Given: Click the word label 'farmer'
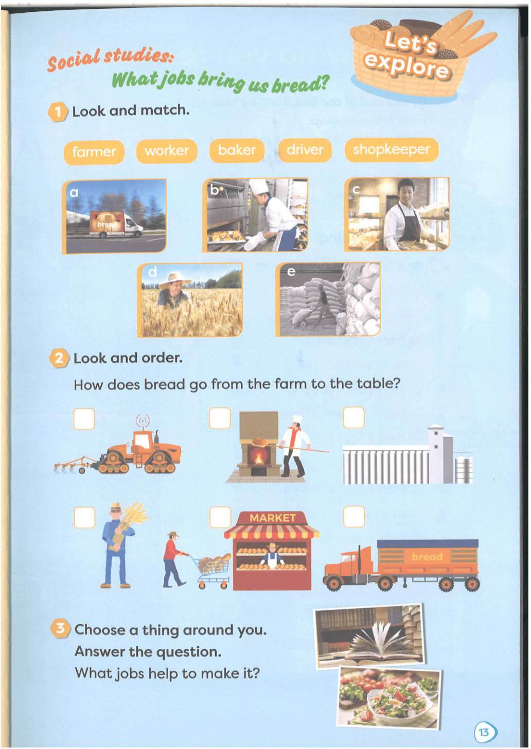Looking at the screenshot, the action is pos(94,153).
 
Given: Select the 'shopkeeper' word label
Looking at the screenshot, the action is pos(392,150).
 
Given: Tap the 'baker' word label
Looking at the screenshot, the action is pos(237,150).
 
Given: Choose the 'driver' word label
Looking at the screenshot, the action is pos(305,150).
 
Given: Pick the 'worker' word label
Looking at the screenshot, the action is pos(167,151).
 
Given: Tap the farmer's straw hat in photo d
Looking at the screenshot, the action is pos(174,280).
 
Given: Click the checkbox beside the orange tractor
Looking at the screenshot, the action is pos(84,418).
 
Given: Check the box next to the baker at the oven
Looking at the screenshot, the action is pos(220,418).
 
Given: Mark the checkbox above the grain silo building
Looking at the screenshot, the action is pos(353,417).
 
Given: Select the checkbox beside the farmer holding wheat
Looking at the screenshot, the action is pos(84,517).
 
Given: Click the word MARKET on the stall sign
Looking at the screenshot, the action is pos(273,518).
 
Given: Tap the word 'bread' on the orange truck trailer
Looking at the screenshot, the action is pos(427,557).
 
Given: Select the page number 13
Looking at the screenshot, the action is pos(484,733).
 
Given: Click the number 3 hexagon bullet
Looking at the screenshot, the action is pos(60,629).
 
